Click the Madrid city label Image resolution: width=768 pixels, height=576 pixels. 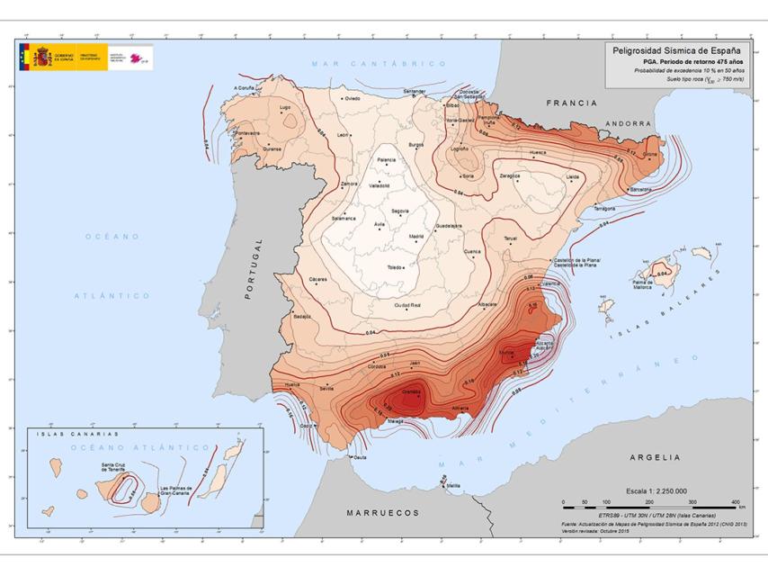[416, 236]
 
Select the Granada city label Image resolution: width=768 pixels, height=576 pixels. [412, 392]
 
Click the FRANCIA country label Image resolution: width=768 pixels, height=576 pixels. [571, 103]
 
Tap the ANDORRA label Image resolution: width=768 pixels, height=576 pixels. [629, 123]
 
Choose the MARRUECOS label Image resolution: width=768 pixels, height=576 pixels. [383, 512]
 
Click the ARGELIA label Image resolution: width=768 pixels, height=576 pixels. [655, 457]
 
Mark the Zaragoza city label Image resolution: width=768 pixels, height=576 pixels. [510, 175]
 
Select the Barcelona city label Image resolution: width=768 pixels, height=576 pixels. [640, 191]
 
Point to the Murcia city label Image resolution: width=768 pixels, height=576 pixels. [507, 352]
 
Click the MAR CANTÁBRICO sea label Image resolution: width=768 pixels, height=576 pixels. [380, 64]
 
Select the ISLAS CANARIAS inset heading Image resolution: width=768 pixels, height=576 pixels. [79, 434]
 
